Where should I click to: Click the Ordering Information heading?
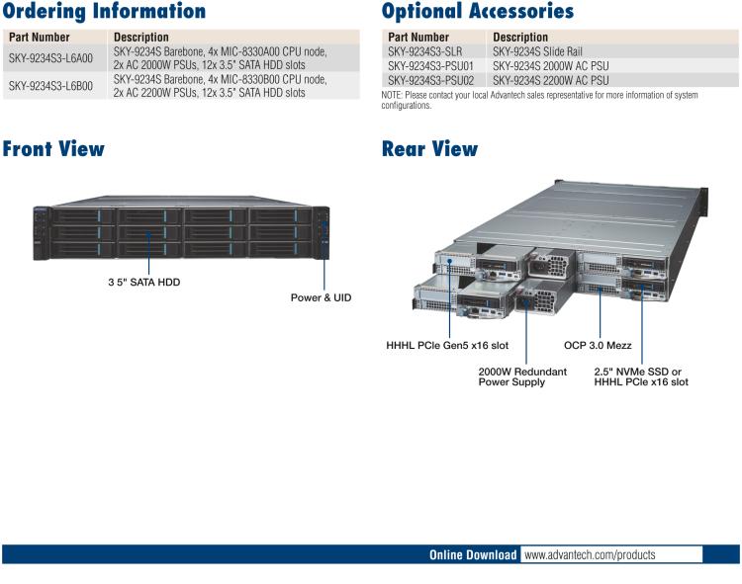click(x=104, y=12)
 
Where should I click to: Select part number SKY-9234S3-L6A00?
click(x=50, y=58)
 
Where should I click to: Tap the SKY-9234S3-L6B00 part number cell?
click(x=50, y=86)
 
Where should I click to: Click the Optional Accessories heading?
click(x=477, y=12)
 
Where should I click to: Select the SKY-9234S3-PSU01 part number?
click(x=430, y=66)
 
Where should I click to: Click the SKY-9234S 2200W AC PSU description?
click(x=550, y=80)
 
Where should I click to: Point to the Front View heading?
click(x=53, y=149)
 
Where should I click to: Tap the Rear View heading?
click(x=429, y=149)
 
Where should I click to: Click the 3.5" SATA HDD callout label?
click(x=144, y=283)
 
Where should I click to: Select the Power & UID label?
click(x=321, y=297)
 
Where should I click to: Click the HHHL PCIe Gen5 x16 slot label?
click(x=447, y=346)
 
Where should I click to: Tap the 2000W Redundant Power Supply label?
click(x=522, y=376)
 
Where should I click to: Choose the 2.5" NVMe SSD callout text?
click(x=640, y=372)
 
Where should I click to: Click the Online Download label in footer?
click(x=472, y=555)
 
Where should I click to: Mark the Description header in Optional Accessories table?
click(x=519, y=38)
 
